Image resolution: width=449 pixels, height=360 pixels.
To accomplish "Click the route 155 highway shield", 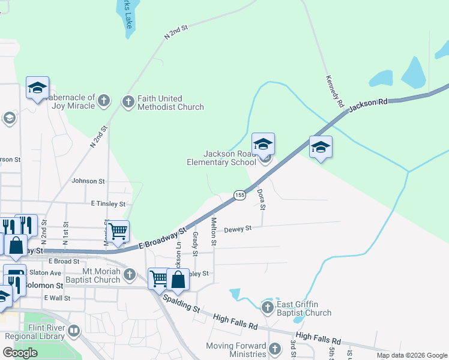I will (x=240, y=195).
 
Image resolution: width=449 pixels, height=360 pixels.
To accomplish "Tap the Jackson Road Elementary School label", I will (x=221, y=158).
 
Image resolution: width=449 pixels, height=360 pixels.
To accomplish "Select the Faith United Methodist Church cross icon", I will (x=128, y=102).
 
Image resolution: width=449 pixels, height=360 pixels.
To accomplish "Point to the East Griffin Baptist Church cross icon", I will (x=268, y=308).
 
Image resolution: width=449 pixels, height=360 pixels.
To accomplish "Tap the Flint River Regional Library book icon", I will (x=74, y=331).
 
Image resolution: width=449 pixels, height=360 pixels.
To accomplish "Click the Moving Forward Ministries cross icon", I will (x=275, y=349).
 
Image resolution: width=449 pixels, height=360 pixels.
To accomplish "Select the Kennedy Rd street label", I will (x=334, y=91).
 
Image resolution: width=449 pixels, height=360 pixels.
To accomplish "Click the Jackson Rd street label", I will (x=368, y=104).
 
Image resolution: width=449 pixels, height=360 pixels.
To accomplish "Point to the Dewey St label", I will (x=238, y=229).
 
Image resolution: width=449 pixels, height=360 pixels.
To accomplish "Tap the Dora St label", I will (x=261, y=199).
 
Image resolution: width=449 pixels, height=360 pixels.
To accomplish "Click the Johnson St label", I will (x=88, y=181).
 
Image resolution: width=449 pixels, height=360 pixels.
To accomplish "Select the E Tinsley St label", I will (x=108, y=204).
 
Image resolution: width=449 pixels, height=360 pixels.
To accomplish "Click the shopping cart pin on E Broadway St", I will (x=118, y=230).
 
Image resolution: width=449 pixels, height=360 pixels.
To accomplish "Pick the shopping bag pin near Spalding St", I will (x=178, y=279).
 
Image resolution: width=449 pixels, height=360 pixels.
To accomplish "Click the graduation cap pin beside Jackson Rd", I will (x=321, y=147).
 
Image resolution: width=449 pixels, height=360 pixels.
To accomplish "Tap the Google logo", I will (x=20, y=353).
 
